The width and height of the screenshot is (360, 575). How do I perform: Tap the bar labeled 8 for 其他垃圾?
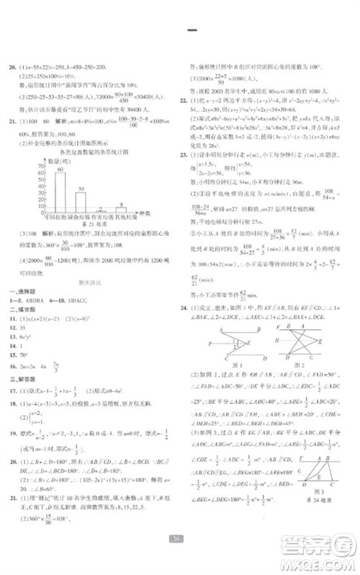click(122, 208)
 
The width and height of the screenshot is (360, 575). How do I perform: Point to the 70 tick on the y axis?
click(40, 165)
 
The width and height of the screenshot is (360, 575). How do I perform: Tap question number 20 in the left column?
click(10, 63)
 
